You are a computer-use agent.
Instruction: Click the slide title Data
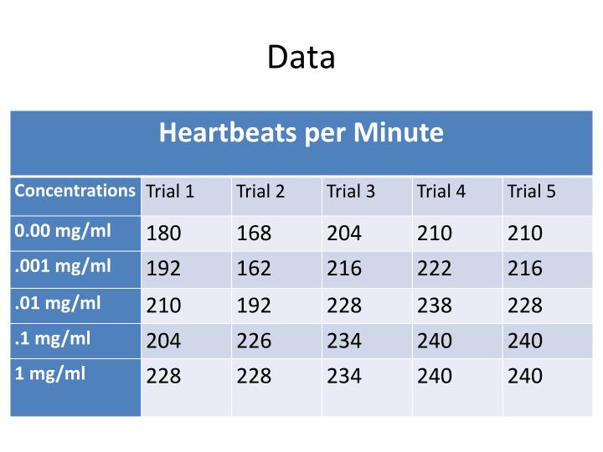pyautogui.click(x=301, y=57)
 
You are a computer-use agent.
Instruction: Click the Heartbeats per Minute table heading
pyautogui.click(x=301, y=132)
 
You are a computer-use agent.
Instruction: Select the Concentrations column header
pyautogui.click(x=75, y=190)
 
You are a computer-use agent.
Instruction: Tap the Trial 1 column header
pyautogui.click(x=170, y=192)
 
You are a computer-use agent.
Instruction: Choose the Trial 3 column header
pyautogui.click(x=351, y=192)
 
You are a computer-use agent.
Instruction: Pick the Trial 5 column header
pyautogui.click(x=531, y=192)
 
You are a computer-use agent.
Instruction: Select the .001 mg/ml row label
pyautogui.click(x=63, y=266)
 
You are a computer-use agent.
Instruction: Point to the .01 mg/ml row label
pyautogui.click(x=58, y=302)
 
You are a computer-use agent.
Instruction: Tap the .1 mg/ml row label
pyautogui.click(x=54, y=339)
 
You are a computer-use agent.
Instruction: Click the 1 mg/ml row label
pyautogui.click(x=50, y=374)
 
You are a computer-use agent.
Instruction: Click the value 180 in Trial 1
pyautogui.click(x=163, y=234)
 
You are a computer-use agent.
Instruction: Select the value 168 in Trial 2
pyautogui.click(x=254, y=234)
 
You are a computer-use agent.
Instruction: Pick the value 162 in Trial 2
pyautogui.click(x=254, y=269)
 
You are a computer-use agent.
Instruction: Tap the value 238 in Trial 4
pyautogui.click(x=434, y=306)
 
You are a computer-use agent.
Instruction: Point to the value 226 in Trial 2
pyautogui.click(x=254, y=342)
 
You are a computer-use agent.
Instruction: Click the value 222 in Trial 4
pyautogui.click(x=434, y=269)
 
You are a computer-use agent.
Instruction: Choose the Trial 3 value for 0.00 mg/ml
pyautogui.click(x=344, y=234)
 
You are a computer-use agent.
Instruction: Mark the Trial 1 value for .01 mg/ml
pyautogui.click(x=163, y=306)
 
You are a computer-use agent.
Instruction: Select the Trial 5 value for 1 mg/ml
pyautogui.click(x=524, y=377)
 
